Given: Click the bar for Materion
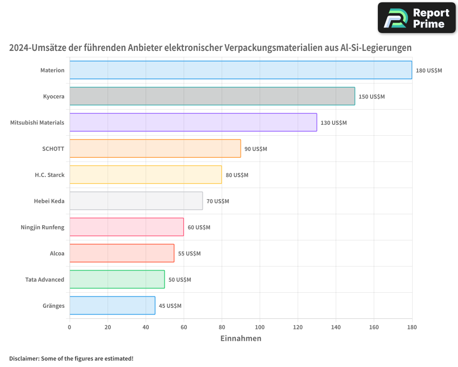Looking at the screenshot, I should pos(240,70).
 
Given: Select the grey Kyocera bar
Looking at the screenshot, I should pos(212,96).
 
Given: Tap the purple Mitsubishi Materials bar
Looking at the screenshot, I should pos(193,122).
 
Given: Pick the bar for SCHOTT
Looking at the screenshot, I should pos(155,149).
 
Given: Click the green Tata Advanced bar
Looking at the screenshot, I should pos(117,279).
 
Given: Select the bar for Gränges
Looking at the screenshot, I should pos(112,306).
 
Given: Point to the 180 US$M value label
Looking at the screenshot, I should pos(429,71).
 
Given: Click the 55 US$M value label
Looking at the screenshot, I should pos(189,254).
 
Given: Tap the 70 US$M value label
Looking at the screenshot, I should pos(218,201).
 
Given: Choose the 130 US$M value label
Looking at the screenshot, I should pos(333,123).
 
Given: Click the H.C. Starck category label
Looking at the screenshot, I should pos(49,175).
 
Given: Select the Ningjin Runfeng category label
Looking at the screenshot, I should pos(43,227).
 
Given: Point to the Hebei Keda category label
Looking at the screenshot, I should pos(49,201).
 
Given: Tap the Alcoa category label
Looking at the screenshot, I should pos(57,253).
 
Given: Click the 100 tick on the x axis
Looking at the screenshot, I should pos(260,327).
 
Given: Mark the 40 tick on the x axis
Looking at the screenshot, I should pos(146,327).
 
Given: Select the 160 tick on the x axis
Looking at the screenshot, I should pos(374,327).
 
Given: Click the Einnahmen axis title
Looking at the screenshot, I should pos(241,339).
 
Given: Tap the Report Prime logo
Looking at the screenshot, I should pos(416,18).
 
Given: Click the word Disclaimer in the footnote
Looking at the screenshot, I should pos(24,358).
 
